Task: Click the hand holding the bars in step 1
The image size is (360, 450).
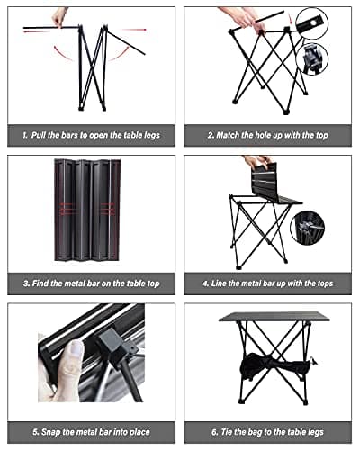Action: coord(60,16)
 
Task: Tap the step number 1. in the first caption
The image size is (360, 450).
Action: coord(26,134)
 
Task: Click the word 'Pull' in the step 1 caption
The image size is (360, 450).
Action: coord(42,134)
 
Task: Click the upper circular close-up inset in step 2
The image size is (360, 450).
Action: coord(312,22)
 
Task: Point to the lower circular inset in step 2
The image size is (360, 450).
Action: coord(312,58)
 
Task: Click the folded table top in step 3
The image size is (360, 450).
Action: coord(93,213)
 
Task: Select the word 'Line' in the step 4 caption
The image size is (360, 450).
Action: coord(220,283)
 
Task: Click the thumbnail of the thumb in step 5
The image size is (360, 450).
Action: coord(76,349)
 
